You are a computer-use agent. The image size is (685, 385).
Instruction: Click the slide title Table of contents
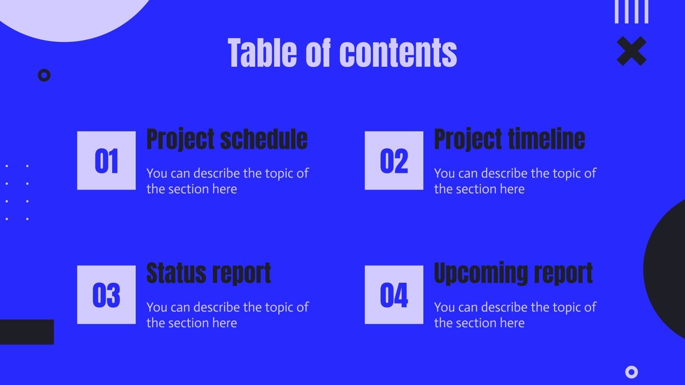342,53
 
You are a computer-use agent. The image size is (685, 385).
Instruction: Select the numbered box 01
107,160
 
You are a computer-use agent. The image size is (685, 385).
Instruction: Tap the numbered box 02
394,160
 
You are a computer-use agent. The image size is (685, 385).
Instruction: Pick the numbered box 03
107,295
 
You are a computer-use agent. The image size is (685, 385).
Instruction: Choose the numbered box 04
394,295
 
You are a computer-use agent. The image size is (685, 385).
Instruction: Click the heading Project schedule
227,139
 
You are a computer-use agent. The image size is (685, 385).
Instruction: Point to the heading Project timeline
509,139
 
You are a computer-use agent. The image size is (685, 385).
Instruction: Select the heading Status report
208,273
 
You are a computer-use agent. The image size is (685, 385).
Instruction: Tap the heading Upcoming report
513,273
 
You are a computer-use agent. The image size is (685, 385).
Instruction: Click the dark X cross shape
631,51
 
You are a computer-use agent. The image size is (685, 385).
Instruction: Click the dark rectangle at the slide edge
27,332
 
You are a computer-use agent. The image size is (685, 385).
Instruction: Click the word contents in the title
398,53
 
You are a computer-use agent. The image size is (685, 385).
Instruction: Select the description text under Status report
227,315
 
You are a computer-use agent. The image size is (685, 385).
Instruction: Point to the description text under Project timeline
515,181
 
